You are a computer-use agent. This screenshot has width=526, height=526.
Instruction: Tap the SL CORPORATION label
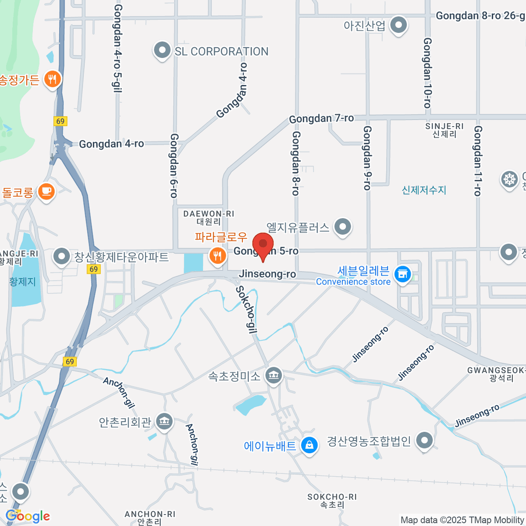[x=221, y=52]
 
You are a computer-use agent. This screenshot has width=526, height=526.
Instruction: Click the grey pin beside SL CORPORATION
[x=162, y=50]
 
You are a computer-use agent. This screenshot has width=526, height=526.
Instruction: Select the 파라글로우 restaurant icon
[x=217, y=256]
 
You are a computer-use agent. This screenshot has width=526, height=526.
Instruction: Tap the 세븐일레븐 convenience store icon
[x=402, y=275]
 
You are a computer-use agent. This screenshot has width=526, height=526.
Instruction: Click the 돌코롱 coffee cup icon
[x=46, y=192]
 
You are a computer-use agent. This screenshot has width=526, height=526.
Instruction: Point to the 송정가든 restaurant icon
[x=53, y=79]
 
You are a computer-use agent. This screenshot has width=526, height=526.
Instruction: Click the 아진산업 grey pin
[x=398, y=25]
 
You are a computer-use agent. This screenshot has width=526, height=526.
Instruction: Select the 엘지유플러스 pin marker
[x=343, y=227]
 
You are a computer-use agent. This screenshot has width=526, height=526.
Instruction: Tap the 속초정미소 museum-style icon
[x=274, y=375]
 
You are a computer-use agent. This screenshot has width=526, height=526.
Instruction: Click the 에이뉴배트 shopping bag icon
[x=309, y=445]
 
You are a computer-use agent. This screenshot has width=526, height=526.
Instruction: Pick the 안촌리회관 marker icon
[x=164, y=422]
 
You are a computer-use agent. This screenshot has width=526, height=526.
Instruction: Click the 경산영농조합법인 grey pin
[x=424, y=441]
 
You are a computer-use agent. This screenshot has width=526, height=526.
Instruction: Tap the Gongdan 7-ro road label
[x=321, y=118]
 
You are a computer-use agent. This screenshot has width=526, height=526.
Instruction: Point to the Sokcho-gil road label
[x=246, y=309]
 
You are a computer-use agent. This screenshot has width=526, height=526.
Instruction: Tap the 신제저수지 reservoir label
[x=424, y=190]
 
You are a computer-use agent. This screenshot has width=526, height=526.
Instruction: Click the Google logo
[x=28, y=516]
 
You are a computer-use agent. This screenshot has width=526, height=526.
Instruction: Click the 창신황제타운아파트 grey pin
[x=61, y=257]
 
